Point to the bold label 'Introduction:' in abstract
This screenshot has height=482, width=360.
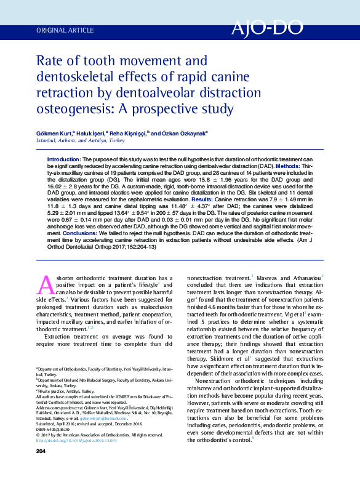click(64, 159)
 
